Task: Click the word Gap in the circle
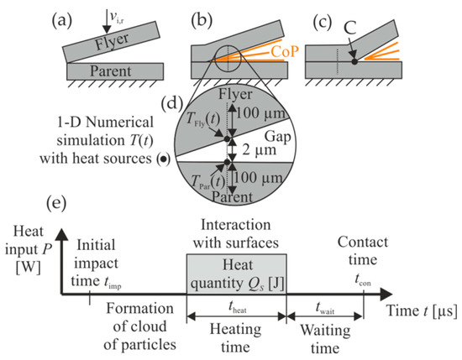[270, 139]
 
